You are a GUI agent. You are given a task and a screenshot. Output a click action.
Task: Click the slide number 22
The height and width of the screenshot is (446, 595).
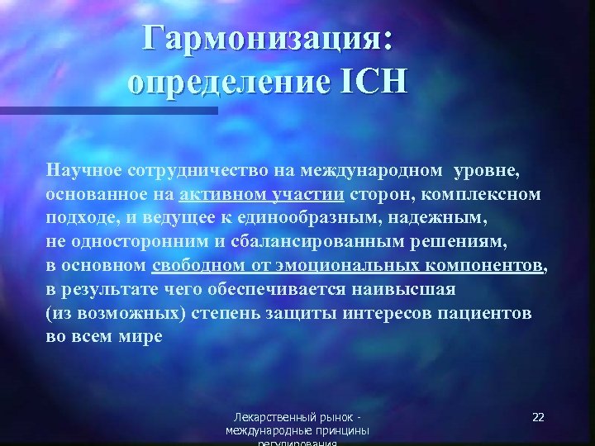click(538, 417)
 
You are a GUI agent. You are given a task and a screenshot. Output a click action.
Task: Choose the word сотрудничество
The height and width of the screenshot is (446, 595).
click(192, 170)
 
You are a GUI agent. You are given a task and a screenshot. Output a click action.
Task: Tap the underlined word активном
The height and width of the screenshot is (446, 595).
click(218, 195)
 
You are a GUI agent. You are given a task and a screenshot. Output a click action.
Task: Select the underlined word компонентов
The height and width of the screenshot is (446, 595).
click(486, 266)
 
